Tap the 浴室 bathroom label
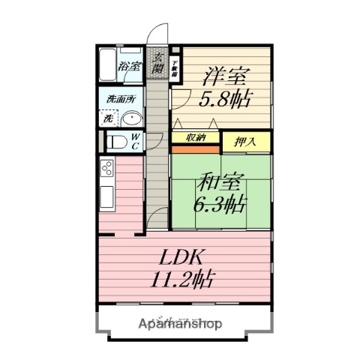pyautogui.click(x=130, y=66)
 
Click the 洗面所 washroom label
pyautogui.click(x=119, y=98)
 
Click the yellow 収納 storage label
pyautogui.click(x=196, y=137)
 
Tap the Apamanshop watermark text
pyautogui.click(x=179, y=325)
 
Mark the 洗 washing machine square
pyautogui.click(x=108, y=118)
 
